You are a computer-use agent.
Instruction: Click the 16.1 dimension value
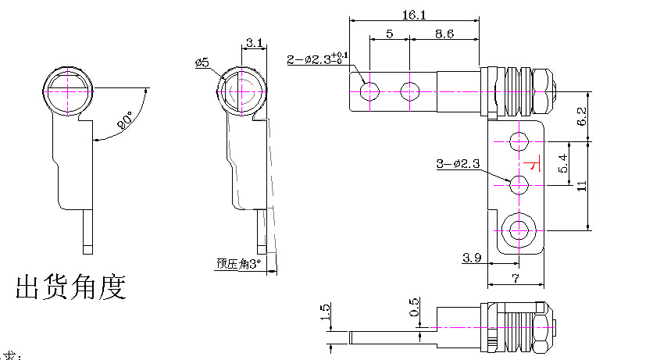click(x=414, y=15)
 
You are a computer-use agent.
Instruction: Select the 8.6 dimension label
click(x=445, y=34)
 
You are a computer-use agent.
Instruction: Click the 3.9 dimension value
click(x=472, y=257)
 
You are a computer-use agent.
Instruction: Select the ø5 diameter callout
click(x=203, y=62)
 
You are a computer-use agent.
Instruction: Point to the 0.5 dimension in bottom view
click(x=415, y=307)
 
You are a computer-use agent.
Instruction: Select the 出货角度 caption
click(x=71, y=287)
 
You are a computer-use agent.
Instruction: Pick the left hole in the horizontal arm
click(x=371, y=91)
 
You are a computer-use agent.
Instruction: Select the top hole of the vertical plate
click(x=518, y=141)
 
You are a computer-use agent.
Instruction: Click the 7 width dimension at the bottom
click(x=516, y=277)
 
